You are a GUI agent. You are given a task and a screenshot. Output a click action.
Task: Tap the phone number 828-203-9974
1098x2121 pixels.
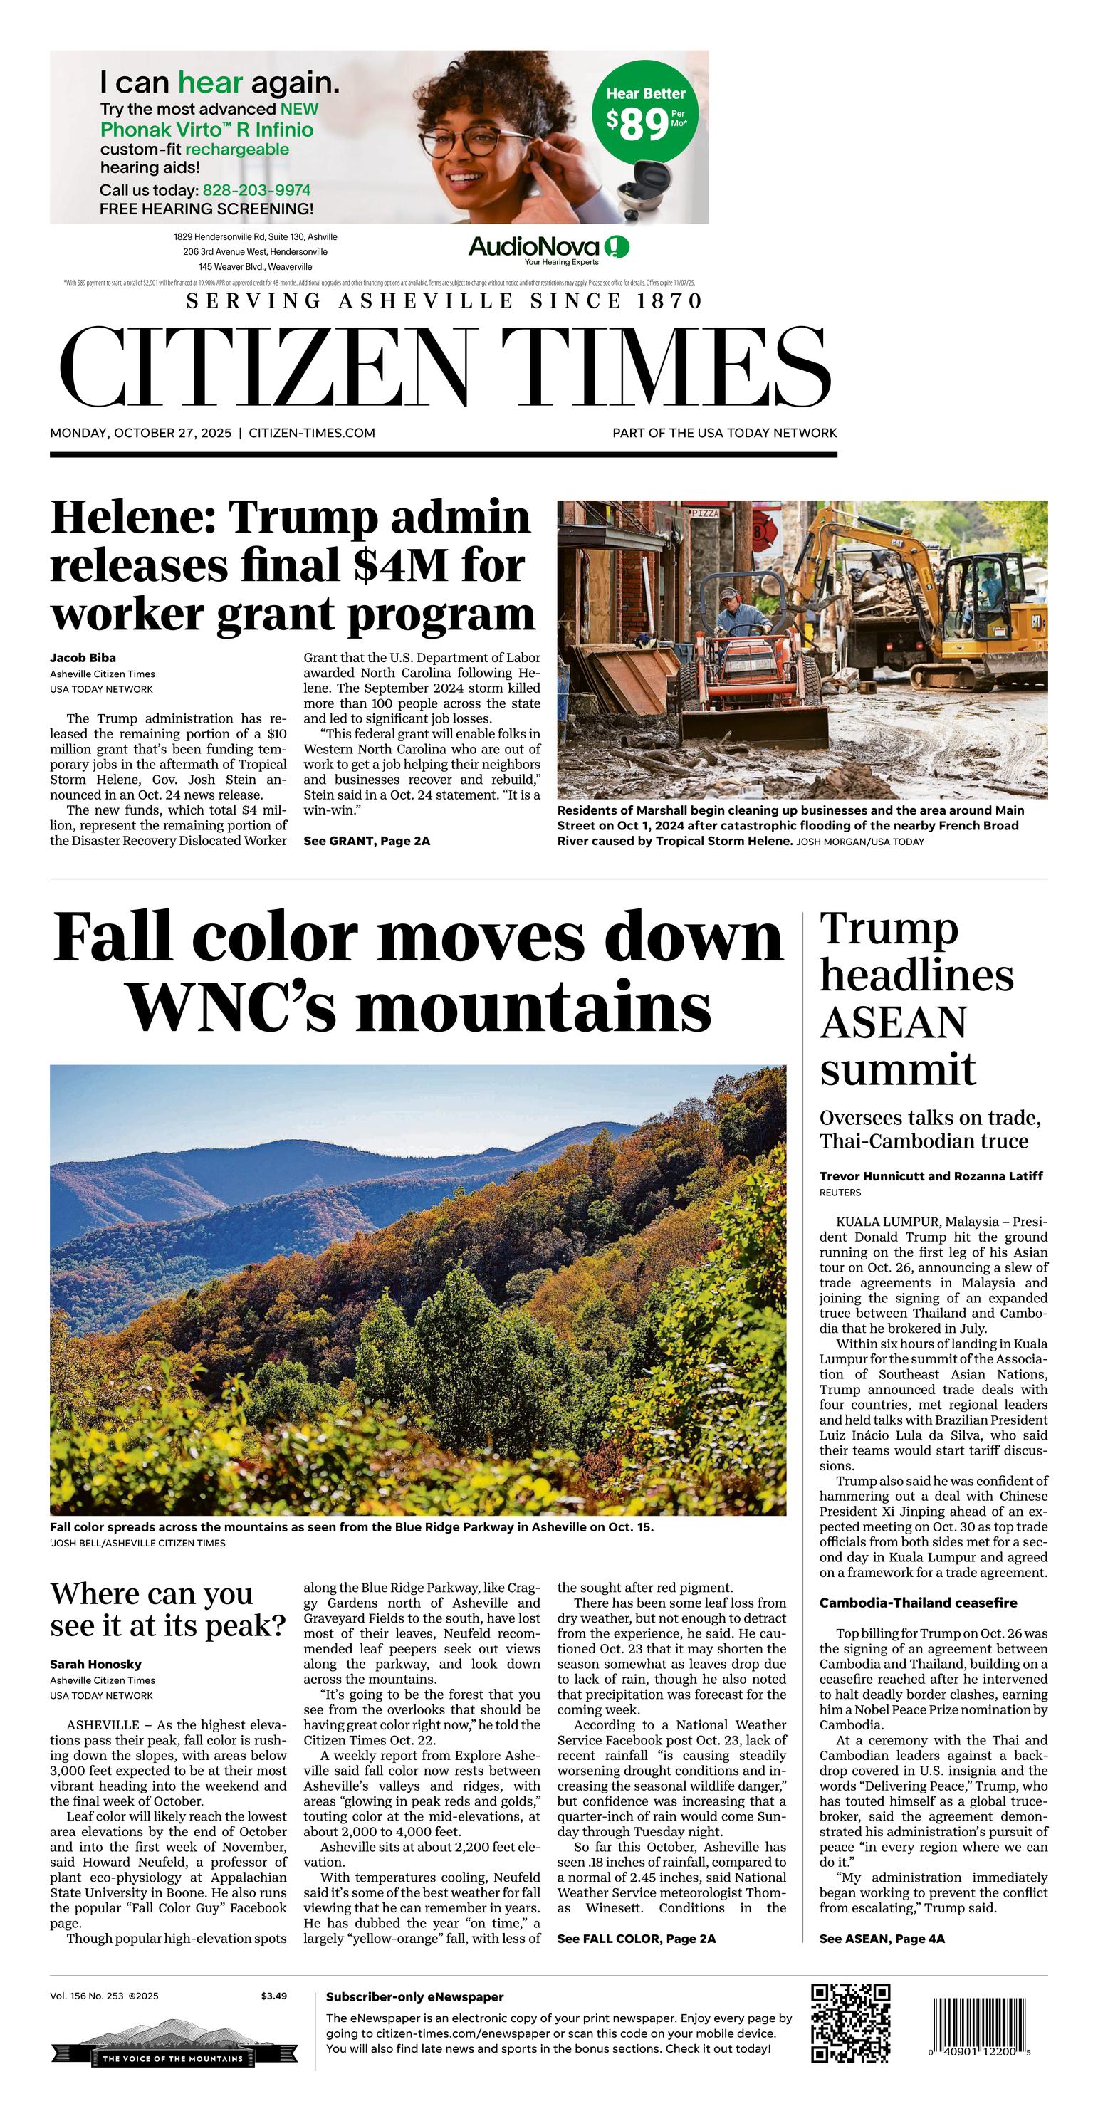(256, 190)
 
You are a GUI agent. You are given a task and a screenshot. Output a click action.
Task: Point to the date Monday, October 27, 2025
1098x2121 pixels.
(141, 433)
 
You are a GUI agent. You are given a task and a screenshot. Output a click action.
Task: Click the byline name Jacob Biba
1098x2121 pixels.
(83, 658)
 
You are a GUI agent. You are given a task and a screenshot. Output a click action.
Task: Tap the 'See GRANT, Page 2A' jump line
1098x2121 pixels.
(367, 841)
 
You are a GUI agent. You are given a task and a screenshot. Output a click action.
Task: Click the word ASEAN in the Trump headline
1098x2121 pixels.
(892, 1022)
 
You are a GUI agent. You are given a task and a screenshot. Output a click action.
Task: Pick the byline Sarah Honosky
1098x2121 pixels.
(95, 1664)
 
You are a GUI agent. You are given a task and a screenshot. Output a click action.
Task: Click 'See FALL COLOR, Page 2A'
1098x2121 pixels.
(636, 1939)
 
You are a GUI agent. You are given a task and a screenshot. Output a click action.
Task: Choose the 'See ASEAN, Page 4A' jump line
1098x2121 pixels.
(882, 1939)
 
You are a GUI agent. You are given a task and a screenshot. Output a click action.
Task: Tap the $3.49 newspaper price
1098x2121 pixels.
(273, 1996)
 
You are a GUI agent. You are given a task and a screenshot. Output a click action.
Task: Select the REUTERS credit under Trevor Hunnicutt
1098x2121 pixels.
(840, 1193)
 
